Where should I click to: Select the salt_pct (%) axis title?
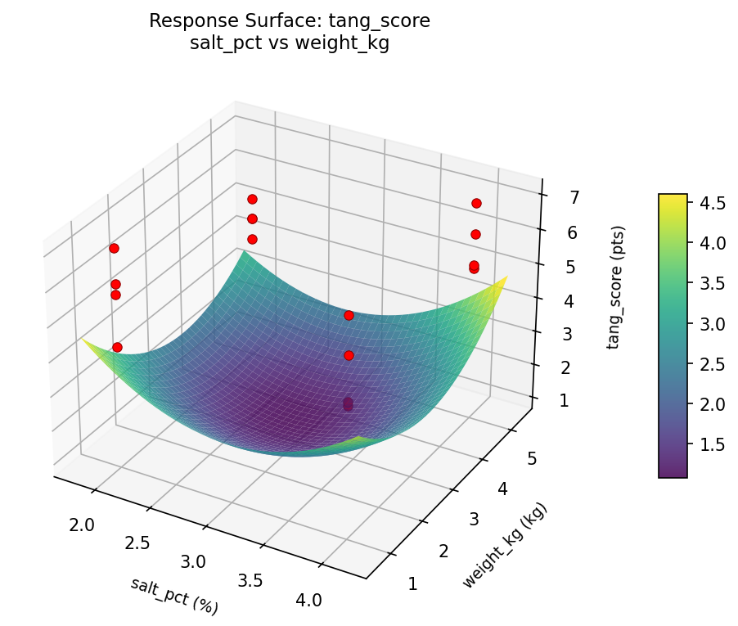[174, 596]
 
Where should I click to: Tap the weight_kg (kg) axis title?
[504, 546]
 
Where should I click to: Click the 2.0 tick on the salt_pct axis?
[82, 525]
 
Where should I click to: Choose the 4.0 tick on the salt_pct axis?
[308, 600]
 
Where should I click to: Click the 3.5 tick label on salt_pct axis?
[251, 581]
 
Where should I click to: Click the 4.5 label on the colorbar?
[711, 203]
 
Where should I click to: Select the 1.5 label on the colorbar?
[711, 444]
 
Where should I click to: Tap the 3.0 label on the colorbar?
[711, 324]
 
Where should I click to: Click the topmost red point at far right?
[476, 203]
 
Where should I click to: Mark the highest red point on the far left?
[114, 248]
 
